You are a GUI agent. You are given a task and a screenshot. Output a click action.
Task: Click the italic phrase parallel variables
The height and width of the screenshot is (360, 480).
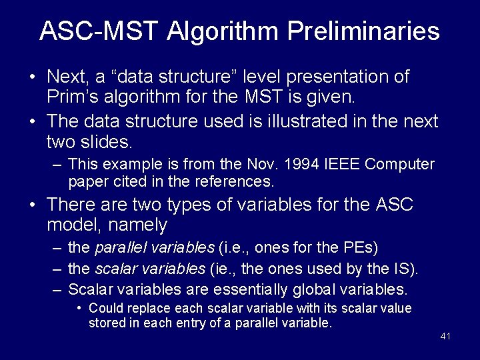(x=155, y=248)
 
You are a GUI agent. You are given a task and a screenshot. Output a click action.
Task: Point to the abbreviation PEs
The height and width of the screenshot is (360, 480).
(x=361, y=248)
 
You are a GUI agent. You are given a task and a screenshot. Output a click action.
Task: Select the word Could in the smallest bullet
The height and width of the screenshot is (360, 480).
(x=105, y=308)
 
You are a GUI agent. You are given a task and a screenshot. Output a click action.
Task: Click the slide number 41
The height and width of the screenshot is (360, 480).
(x=445, y=336)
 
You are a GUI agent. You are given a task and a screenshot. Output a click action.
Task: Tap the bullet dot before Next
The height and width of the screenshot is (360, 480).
(x=33, y=77)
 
